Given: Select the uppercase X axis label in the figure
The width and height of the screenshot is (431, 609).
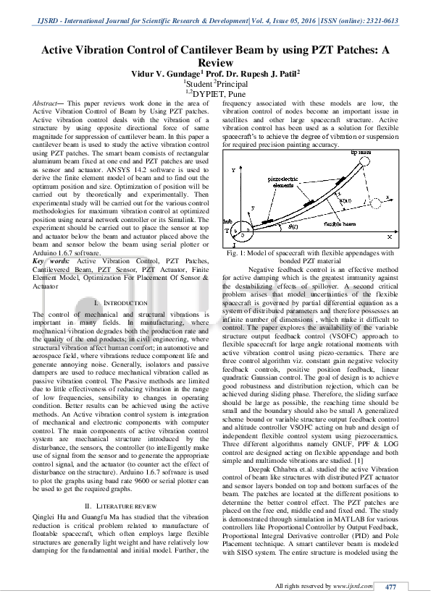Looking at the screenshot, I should tap(390, 237).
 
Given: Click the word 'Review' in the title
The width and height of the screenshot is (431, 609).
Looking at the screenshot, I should tap(215, 63).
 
